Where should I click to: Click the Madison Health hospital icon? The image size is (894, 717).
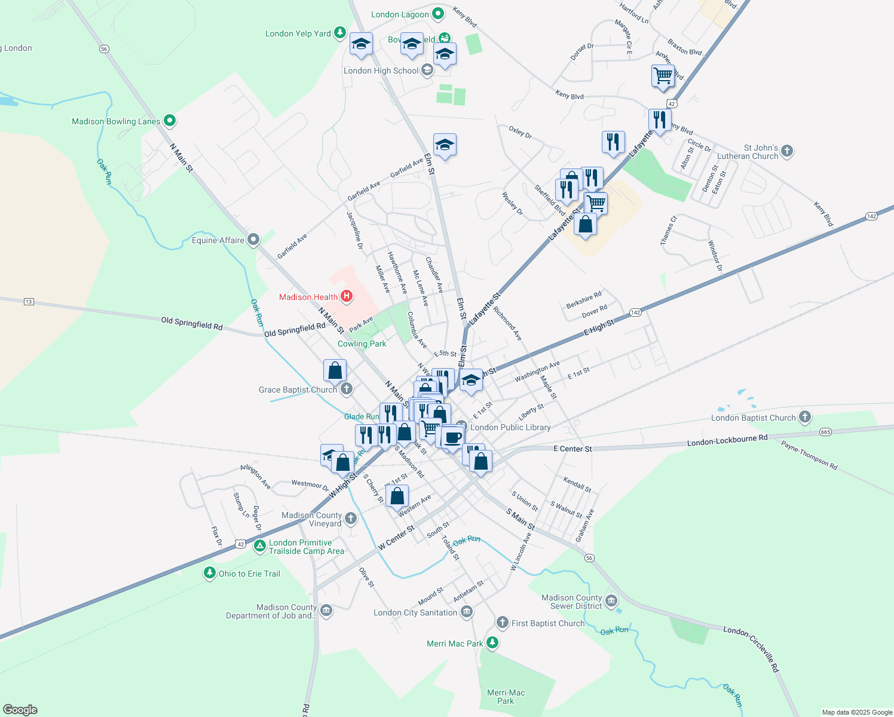(346, 296)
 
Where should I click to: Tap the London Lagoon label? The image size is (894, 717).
(400, 14)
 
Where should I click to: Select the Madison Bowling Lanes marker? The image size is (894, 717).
(170, 121)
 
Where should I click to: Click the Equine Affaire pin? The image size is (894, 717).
(253, 240)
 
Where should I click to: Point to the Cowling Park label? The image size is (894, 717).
(362, 344)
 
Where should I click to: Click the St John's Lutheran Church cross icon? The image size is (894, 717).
(787, 151)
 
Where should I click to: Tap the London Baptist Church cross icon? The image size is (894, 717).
(805, 417)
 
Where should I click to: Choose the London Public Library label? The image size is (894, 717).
(510, 427)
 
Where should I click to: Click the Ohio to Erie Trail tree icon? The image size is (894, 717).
(209, 573)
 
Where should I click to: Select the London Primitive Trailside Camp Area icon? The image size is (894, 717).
(259, 546)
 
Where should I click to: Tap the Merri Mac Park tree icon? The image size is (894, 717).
(492, 643)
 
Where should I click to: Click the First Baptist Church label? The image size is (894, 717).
(548, 623)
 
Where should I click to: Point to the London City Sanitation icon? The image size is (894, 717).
(467, 612)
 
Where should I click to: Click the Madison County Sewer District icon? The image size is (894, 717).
(611, 601)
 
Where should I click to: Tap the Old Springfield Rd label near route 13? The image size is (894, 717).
(192, 323)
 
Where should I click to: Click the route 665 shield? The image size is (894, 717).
(825, 432)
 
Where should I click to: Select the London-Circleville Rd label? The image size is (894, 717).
(752, 648)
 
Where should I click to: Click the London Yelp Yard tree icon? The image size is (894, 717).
(340, 32)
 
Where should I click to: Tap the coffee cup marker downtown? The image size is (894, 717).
(453, 437)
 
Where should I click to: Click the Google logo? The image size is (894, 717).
(20, 710)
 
